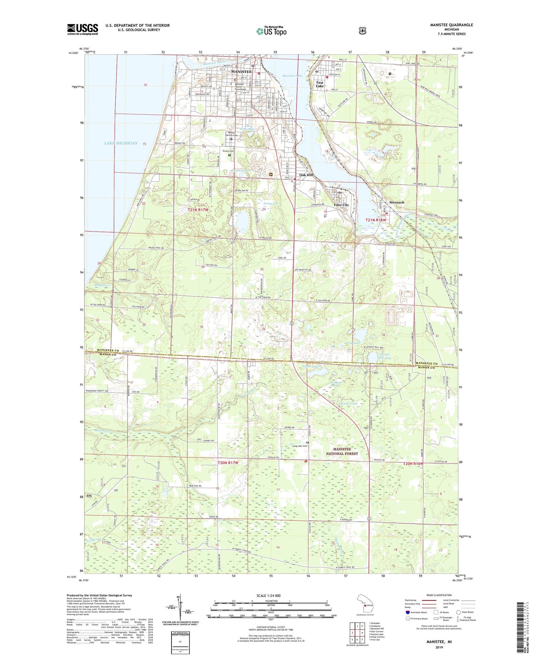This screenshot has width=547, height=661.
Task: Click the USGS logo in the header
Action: (x=83, y=29)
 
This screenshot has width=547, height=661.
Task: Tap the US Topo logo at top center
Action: (x=271, y=31)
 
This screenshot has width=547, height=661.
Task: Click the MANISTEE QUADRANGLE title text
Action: (x=451, y=25)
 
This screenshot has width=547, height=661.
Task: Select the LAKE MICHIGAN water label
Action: (x=121, y=143)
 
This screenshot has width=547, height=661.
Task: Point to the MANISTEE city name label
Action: (x=241, y=72)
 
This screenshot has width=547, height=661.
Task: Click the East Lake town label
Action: (x=320, y=84)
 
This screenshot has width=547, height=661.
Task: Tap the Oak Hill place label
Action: (x=306, y=175)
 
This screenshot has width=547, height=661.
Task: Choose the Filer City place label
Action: (x=341, y=205)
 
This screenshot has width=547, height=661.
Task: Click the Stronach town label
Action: (x=397, y=202)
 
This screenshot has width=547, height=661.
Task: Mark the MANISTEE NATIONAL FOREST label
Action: (x=342, y=451)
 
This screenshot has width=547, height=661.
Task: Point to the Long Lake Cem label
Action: (x=300, y=446)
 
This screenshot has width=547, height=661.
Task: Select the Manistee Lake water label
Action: (x=293, y=76)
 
